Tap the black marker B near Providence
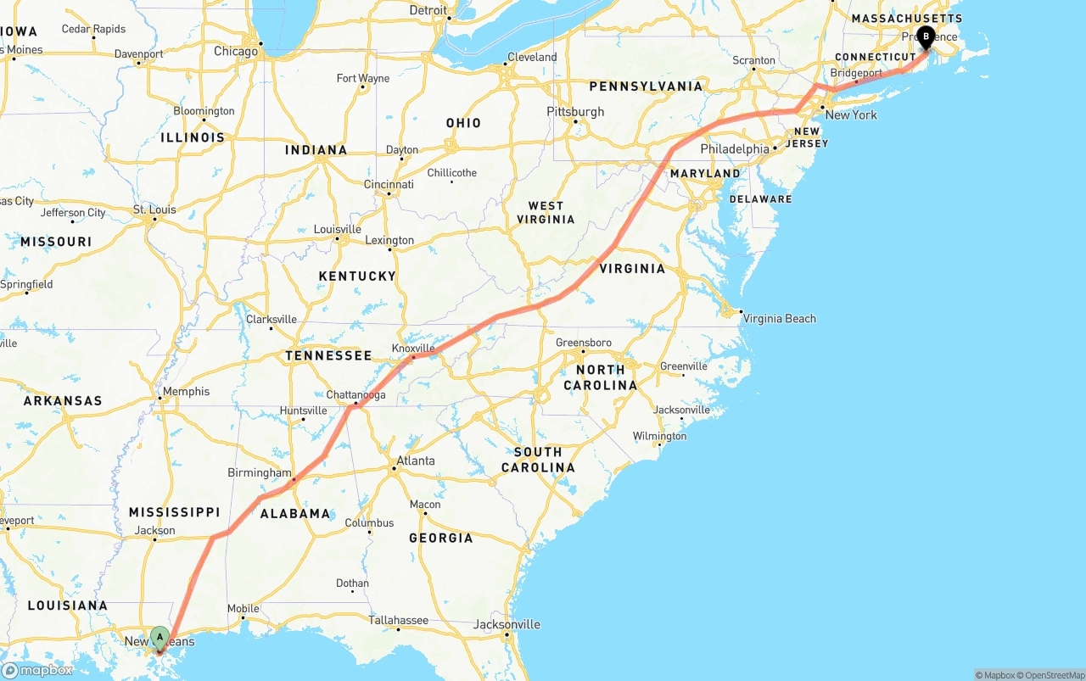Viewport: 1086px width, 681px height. point(926,36)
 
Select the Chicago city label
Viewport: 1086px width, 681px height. point(236,51)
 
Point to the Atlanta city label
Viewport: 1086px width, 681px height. point(416,461)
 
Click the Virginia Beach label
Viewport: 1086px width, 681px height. point(779,319)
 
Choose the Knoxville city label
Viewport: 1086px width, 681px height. point(413,349)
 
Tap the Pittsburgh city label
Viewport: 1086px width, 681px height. point(575,112)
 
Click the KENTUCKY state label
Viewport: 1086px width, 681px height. point(357,276)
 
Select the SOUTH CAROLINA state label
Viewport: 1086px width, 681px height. point(538,460)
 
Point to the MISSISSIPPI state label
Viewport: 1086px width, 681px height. point(174,512)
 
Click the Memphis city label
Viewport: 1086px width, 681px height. point(187,392)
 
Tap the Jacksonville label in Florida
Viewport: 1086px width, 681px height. point(507,625)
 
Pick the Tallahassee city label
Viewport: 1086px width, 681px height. point(398,620)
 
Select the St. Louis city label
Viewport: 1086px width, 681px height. point(154,209)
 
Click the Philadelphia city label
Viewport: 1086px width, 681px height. point(735,149)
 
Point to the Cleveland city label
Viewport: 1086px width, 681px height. point(532,58)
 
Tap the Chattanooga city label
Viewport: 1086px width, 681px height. point(355,395)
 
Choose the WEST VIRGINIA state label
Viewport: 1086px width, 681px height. point(546,212)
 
